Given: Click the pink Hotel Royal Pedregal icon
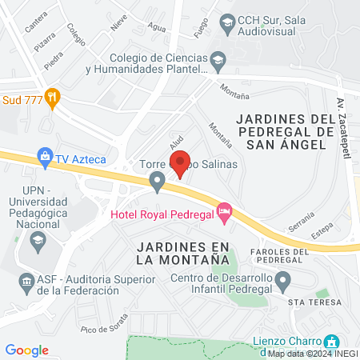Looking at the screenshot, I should (x=225, y=210).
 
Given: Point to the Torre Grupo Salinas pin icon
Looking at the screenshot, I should (x=158, y=183).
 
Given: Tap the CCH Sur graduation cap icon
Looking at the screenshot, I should (x=227, y=22).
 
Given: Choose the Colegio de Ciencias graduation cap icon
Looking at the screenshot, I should (x=217, y=59).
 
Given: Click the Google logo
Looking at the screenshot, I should (x=26, y=350).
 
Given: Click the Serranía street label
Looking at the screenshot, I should (x=299, y=227).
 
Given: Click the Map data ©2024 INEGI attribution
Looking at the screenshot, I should (x=312, y=353).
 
